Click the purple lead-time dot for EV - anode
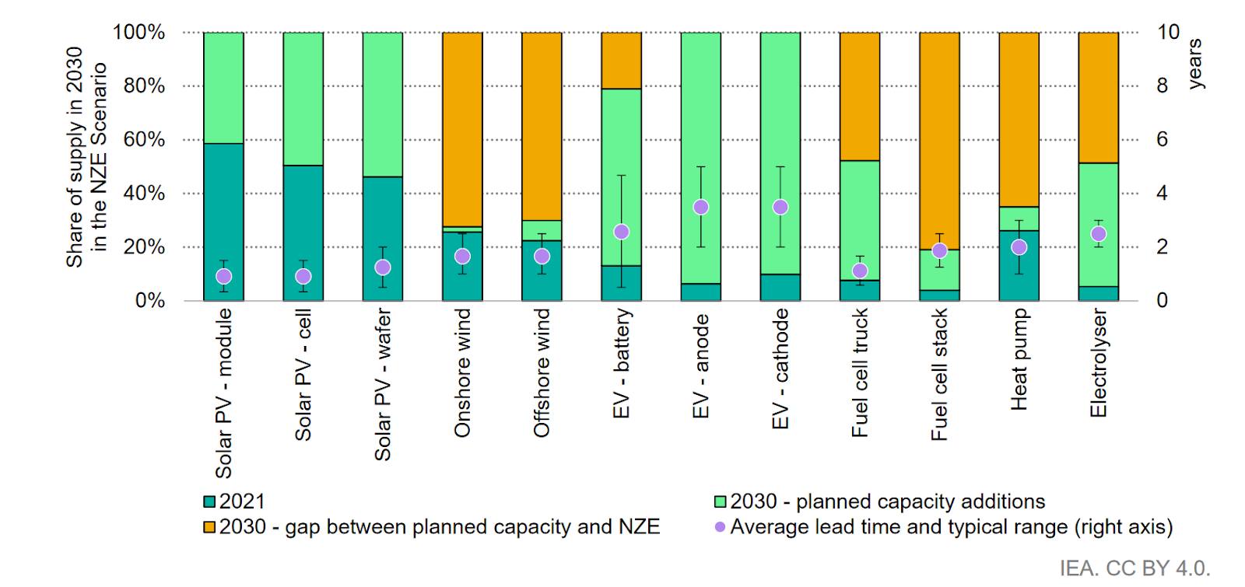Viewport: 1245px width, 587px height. [701, 207]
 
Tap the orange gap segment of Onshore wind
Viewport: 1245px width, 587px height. [462, 128]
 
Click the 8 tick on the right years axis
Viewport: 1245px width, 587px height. [1162, 86]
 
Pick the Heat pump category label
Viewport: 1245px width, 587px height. [1019, 359]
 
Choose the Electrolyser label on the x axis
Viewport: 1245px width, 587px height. [1099, 363]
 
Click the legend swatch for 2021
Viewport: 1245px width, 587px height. [209, 502]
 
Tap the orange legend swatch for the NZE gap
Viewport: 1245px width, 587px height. [209, 528]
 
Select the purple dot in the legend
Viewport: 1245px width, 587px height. [720, 528]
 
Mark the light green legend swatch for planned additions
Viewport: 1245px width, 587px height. [720, 502]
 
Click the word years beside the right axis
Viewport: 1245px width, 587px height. [1195, 64]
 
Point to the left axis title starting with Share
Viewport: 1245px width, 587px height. [86, 157]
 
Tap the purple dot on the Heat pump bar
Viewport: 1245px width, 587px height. [1019, 247]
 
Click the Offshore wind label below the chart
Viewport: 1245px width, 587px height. [542, 373]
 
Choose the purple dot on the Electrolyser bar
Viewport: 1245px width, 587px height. [1099, 234]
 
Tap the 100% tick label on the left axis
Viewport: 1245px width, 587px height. [139, 33]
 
